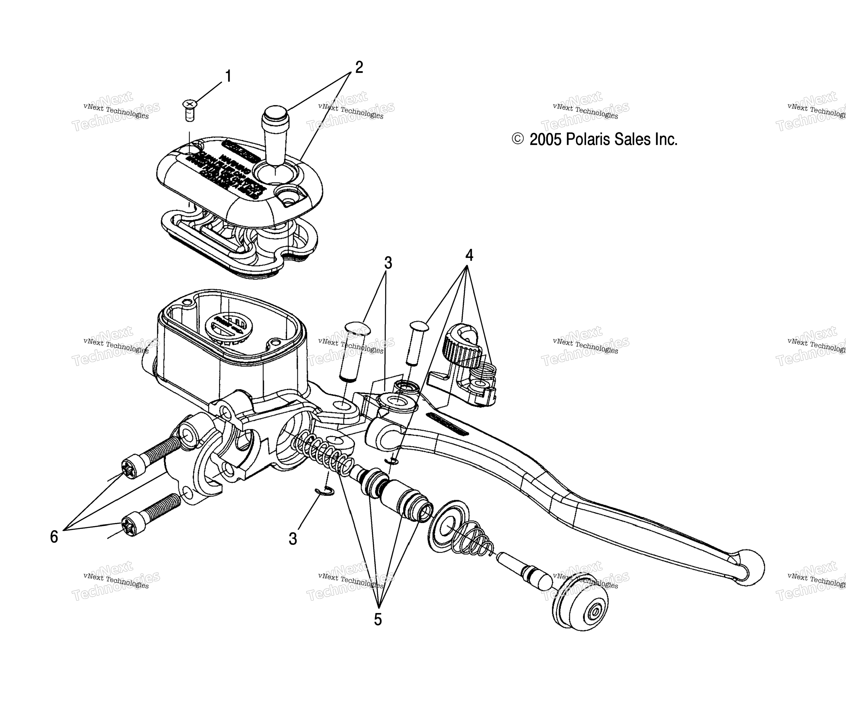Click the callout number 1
click(228, 76)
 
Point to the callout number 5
click(377, 619)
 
